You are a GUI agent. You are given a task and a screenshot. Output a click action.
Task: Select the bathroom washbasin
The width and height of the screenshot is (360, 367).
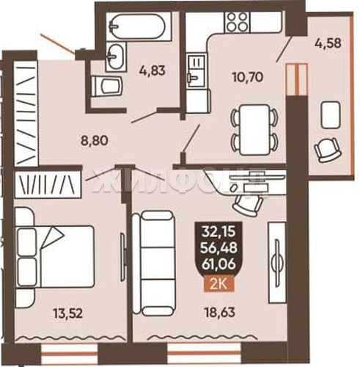[116, 56]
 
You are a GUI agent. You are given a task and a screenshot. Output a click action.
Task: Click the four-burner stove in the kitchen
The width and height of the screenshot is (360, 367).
[237, 21]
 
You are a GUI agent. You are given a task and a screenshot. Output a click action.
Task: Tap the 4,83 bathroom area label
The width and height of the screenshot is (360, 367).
[153, 70]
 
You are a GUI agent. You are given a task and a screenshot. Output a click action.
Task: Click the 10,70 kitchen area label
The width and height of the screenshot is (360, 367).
[248, 77]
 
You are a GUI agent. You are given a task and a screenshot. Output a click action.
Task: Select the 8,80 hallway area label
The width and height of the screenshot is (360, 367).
[95, 141]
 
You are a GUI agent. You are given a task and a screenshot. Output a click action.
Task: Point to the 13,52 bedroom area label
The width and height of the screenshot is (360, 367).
[68, 313]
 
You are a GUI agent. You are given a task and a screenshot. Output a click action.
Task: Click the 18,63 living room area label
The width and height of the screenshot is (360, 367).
[220, 312]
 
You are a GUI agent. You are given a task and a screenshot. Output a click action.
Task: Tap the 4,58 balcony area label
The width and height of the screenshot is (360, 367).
[328, 44]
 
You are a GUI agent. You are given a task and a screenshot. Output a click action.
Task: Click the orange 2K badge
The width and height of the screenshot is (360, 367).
[219, 285]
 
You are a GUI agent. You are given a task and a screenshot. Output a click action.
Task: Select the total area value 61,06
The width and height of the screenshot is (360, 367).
[218, 264]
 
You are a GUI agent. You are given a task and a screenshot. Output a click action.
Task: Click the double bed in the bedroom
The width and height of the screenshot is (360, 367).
[55, 256]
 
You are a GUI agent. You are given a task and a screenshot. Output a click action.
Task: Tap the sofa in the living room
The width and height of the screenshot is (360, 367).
[153, 263]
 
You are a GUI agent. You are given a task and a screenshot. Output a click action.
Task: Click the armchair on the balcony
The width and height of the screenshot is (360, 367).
[328, 150]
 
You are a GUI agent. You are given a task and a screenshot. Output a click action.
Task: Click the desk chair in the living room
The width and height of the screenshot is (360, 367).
[248, 205]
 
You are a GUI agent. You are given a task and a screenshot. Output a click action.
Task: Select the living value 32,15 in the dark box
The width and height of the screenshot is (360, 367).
[218, 231]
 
